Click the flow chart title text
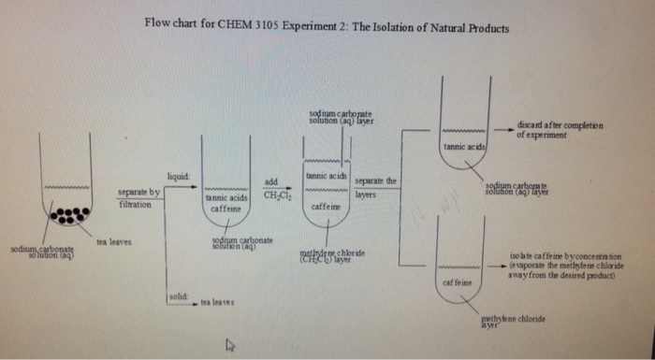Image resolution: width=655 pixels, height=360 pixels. tap(327, 27)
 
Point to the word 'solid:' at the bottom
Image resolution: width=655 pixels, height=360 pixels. tap(178, 295)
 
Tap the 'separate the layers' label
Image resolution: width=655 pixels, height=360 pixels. tap(377, 187)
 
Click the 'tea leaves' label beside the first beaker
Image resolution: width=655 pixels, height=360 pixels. tap(114, 242)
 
